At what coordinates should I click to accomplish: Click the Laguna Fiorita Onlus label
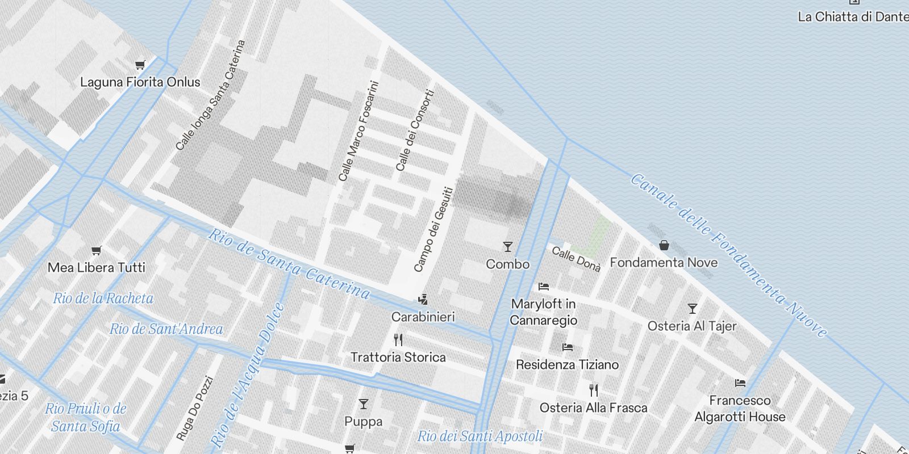pyautogui.click(x=140, y=82)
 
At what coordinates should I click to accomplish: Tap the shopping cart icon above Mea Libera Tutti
pyautogui.click(x=97, y=250)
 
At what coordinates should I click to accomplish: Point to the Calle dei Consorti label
pyautogui.click(x=415, y=130)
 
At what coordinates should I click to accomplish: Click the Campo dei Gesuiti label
pyautogui.click(x=434, y=229)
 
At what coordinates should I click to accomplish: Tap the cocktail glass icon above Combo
pyautogui.click(x=508, y=247)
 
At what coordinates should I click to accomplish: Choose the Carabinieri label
pyautogui.click(x=423, y=317)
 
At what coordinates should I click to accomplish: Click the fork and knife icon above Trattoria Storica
pyautogui.click(x=398, y=340)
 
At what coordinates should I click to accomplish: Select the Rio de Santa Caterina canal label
pyautogui.click(x=289, y=264)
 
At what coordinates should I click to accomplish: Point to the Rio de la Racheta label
pyautogui.click(x=103, y=298)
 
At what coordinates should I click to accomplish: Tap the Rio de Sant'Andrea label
pyautogui.click(x=166, y=329)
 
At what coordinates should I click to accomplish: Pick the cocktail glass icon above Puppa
pyautogui.click(x=364, y=404)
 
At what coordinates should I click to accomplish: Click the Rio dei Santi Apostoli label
pyautogui.click(x=479, y=436)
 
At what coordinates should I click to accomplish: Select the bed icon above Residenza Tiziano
pyautogui.click(x=567, y=347)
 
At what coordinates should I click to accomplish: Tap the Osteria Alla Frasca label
pyautogui.click(x=593, y=407)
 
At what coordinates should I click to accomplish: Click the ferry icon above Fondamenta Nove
pyautogui.click(x=664, y=246)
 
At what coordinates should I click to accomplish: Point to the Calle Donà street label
pyautogui.click(x=576, y=259)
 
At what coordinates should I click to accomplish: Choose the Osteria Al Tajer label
pyautogui.click(x=692, y=326)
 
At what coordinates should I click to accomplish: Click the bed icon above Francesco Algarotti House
pyautogui.click(x=740, y=382)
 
